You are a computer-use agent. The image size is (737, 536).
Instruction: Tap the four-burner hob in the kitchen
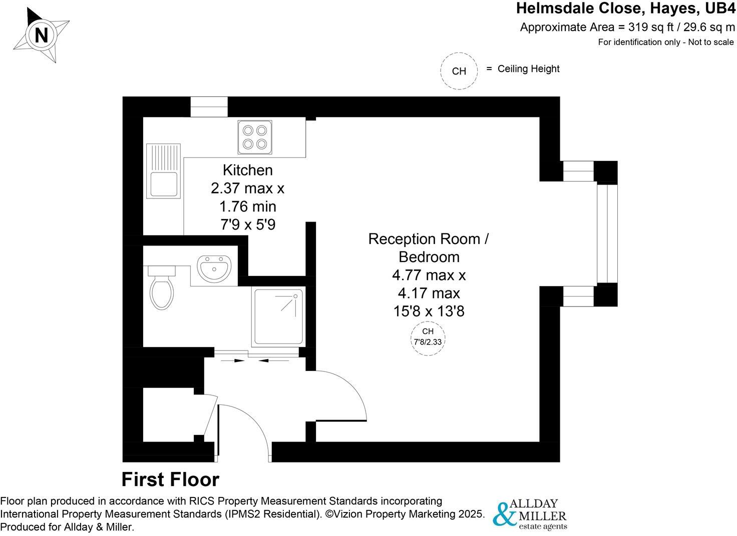click(255, 137)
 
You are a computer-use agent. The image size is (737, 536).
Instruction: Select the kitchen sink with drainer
click(163, 171)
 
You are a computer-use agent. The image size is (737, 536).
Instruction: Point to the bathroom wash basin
click(214, 268)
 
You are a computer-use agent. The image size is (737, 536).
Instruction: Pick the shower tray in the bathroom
click(278, 316)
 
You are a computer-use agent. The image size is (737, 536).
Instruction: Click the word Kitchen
click(247, 170)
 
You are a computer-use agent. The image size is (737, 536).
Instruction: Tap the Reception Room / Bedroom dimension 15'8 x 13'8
click(429, 311)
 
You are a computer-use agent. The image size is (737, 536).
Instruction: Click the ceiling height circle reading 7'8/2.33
click(428, 338)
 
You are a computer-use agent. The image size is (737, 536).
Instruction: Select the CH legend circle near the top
click(459, 71)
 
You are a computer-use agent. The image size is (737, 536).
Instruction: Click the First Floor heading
click(170, 479)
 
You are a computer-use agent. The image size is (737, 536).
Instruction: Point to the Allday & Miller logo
click(530, 513)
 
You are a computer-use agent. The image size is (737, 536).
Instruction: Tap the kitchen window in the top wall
click(209, 107)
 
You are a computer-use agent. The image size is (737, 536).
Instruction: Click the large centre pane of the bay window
click(606, 233)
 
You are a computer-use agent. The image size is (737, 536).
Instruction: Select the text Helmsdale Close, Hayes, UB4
click(625, 8)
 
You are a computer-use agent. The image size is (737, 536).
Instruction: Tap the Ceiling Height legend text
click(528, 69)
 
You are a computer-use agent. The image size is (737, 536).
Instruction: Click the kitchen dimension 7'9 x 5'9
click(247, 224)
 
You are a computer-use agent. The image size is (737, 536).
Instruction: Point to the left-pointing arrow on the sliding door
click(275, 360)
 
